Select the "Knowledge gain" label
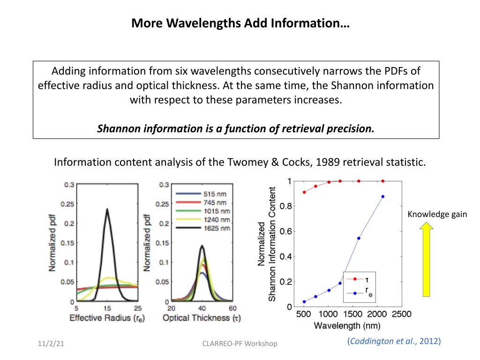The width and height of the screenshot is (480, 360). (437, 214)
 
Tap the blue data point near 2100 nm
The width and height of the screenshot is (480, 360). (382, 196)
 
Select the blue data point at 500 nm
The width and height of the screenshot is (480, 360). (304, 301)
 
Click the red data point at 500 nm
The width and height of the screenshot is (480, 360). (304, 192)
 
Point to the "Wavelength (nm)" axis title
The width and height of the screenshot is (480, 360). (347, 325)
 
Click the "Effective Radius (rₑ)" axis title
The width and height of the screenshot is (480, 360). (107, 318)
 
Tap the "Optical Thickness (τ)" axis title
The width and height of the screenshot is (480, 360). (202, 318)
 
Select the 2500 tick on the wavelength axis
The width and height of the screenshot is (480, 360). (402, 314)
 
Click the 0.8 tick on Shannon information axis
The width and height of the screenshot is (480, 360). (285, 206)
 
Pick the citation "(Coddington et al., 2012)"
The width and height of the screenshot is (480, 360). (394, 341)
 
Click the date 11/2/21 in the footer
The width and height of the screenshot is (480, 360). (51, 344)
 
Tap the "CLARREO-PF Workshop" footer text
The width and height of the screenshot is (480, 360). (240, 344)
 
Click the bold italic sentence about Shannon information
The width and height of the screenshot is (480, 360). (236, 129)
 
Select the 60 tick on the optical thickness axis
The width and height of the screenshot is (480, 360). (232, 308)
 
